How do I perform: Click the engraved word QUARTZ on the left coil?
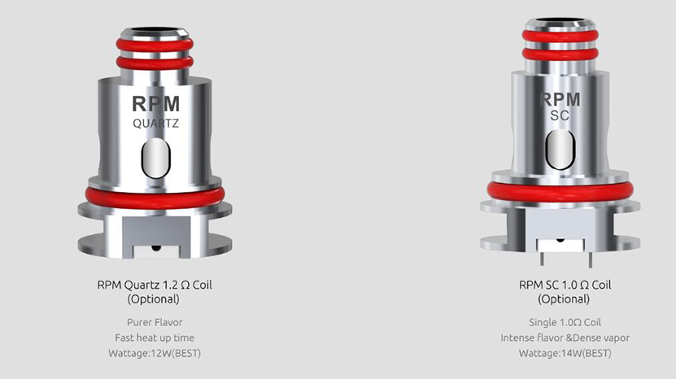tap(155, 124)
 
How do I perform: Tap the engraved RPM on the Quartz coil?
tap(155, 103)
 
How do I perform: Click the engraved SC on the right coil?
tap(560, 115)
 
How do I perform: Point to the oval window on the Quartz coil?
tap(156, 158)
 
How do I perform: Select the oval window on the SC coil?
tap(560, 149)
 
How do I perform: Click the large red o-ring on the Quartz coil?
tap(155, 198)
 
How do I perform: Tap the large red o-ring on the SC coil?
tap(560, 191)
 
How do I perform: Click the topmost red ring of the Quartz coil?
tap(155, 45)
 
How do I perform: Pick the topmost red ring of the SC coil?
tap(560, 36)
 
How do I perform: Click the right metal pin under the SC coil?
tap(591, 259)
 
